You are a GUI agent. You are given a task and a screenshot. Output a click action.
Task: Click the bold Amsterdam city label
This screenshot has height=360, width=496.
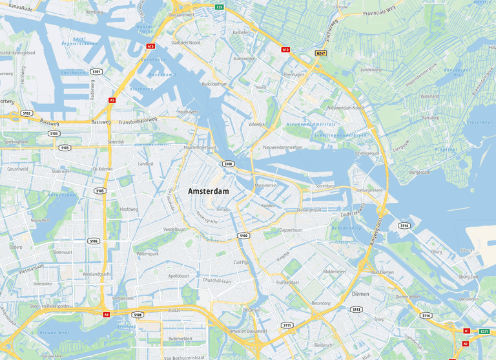click(x=208, y=192)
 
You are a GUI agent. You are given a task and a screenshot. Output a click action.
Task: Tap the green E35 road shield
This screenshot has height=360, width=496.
click(x=220, y=7)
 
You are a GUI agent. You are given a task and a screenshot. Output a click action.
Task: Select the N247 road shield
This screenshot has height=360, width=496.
click(x=322, y=53)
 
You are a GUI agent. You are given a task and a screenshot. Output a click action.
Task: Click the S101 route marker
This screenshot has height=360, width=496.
click(x=96, y=72)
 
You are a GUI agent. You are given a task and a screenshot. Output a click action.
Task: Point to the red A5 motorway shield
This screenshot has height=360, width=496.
click(x=112, y=100)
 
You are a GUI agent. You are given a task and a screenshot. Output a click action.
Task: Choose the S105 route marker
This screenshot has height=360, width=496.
click(x=99, y=191)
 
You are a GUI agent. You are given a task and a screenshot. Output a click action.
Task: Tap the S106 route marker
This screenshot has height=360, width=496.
click(x=94, y=241)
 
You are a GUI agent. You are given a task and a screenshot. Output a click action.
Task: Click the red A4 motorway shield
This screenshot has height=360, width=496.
click(x=106, y=314)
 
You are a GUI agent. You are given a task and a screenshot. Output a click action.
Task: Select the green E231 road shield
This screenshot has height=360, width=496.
click(x=484, y=332)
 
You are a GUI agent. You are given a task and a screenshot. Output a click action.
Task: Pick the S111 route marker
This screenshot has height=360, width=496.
click(x=287, y=325)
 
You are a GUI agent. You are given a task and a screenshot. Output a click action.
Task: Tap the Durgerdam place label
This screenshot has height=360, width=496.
click(x=419, y=173)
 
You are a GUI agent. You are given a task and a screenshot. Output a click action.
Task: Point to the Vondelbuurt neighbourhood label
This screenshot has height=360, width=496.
click(x=174, y=229)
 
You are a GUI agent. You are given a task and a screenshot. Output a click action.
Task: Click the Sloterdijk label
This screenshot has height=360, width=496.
click(x=116, y=142)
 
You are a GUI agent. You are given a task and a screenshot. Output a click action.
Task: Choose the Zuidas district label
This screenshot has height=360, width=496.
click(x=174, y=310)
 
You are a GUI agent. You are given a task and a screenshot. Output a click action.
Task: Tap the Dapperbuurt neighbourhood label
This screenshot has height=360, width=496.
click(x=291, y=230)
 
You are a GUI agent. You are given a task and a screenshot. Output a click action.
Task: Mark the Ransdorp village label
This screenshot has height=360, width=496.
click(x=430, y=118)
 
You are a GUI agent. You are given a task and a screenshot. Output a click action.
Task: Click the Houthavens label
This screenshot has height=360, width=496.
click(x=188, y=112)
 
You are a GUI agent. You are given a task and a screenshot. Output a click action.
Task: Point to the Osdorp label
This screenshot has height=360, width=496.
click(x=16, y=247)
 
